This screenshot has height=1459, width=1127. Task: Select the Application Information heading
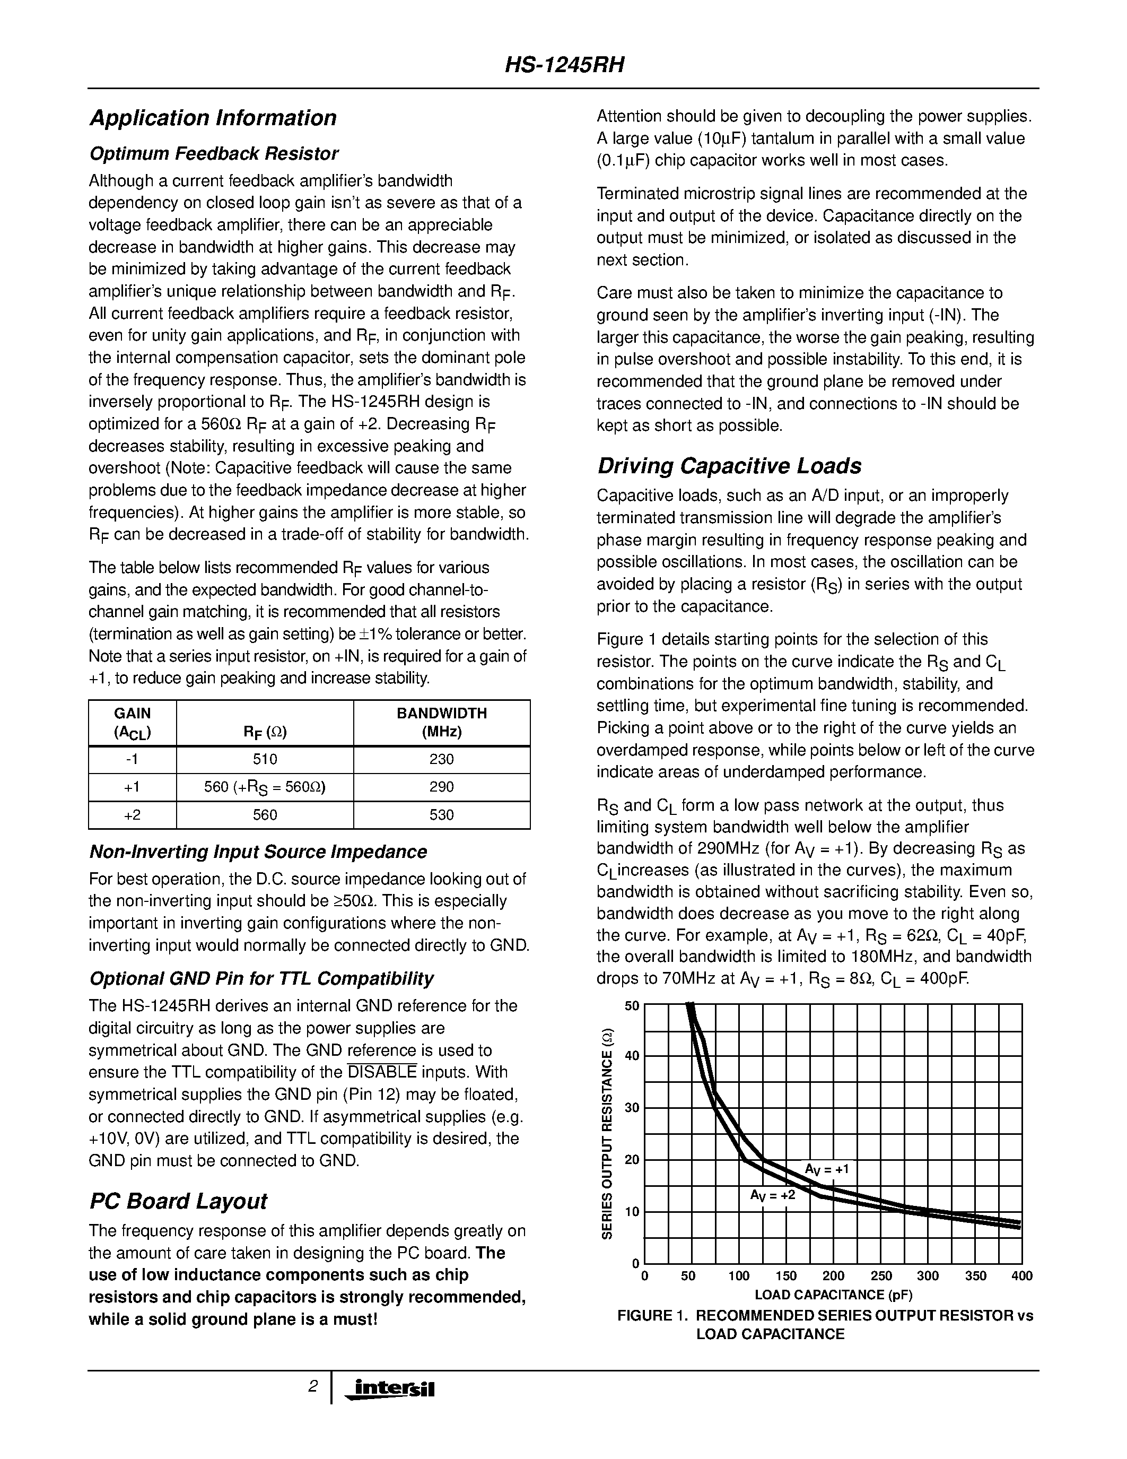(x=213, y=118)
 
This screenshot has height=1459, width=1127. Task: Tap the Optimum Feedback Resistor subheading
(x=214, y=154)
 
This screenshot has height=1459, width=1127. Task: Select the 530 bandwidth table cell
(x=441, y=815)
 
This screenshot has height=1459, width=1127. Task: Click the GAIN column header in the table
(x=132, y=723)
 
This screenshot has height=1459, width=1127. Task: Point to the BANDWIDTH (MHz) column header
(x=441, y=723)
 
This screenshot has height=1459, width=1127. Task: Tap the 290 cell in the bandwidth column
(x=441, y=787)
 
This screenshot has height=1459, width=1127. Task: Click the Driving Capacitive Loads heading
(x=729, y=466)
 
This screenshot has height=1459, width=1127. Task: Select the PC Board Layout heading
(x=178, y=1201)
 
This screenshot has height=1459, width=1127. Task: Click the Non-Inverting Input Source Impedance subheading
(x=258, y=852)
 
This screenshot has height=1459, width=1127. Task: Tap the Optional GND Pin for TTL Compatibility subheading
(x=261, y=979)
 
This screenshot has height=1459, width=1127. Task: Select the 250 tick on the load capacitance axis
(x=880, y=1276)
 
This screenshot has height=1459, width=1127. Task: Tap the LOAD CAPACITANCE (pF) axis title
(x=833, y=1295)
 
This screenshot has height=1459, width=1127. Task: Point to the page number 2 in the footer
(x=312, y=1387)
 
